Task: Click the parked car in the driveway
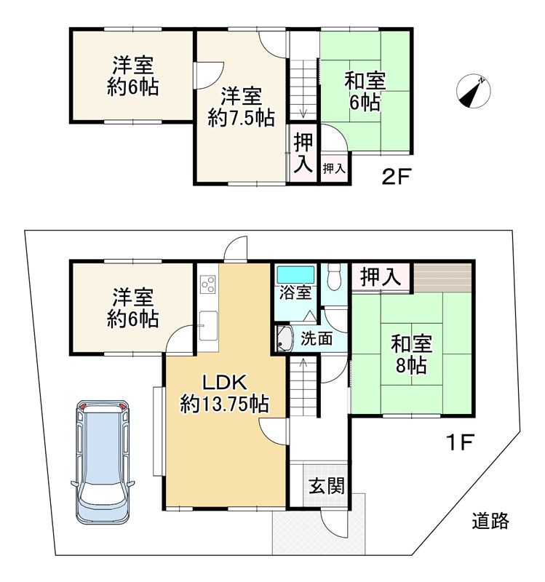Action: (x=103, y=462)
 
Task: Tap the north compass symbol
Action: (x=473, y=91)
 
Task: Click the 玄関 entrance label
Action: (x=327, y=485)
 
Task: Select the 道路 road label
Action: (x=490, y=520)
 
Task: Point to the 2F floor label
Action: (x=396, y=176)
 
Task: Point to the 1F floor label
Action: (x=460, y=442)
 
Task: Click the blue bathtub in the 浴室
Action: (x=296, y=275)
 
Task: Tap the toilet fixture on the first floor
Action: (x=335, y=276)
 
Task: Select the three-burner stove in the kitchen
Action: (x=208, y=284)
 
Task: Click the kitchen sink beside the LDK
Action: (x=208, y=325)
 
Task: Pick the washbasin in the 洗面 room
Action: (x=285, y=339)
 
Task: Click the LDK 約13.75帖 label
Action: (x=224, y=394)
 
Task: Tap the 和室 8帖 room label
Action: (x=411, y=354)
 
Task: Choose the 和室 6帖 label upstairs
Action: (x=365, y=92)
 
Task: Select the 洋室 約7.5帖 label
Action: (x=242, y=107)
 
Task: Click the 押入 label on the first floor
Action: (x=381, y=276)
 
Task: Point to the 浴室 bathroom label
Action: (x=295, y=293)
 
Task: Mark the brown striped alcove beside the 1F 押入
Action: (x=442, y=277)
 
